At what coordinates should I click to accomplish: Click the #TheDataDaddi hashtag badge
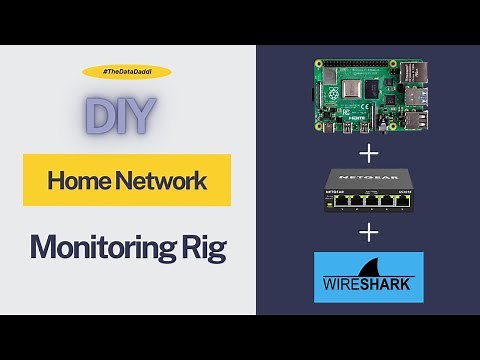127,72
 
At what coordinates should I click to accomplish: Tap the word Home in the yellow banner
75,181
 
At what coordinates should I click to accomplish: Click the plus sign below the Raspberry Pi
370,154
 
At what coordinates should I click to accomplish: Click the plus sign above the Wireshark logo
370,233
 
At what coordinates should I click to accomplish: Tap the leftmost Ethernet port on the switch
337,201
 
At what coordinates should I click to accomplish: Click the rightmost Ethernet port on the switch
401,201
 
